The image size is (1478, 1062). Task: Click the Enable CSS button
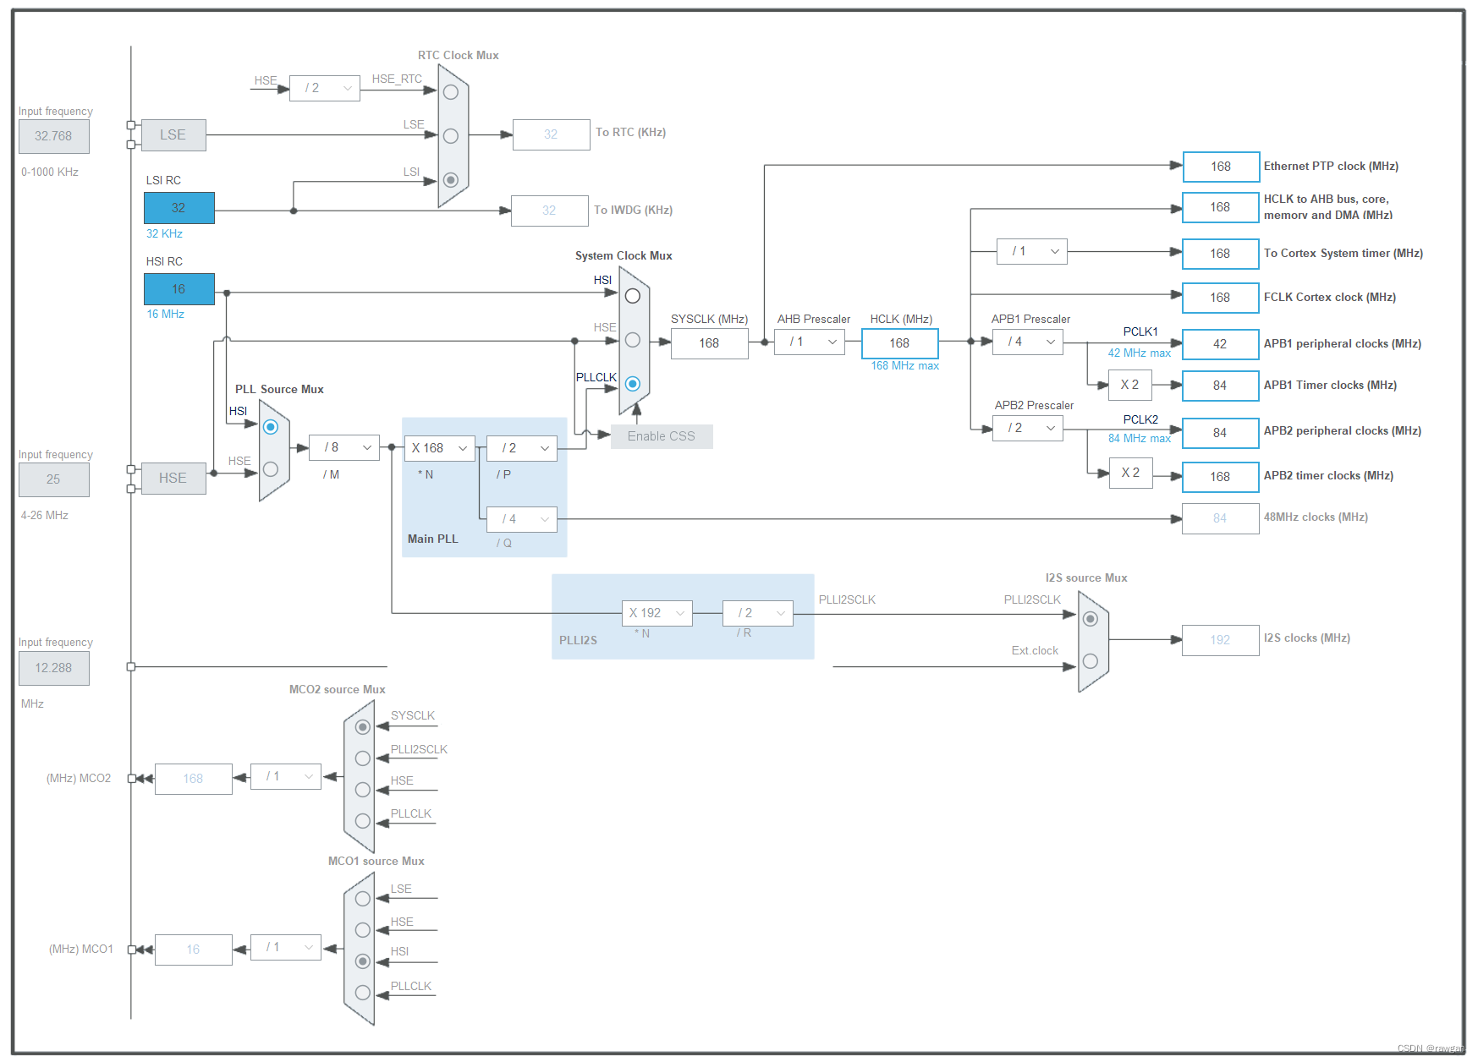click(662, 436)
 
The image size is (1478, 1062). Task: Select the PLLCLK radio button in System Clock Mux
click(633, 384)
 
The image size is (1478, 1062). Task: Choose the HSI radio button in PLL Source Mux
click(271, 427)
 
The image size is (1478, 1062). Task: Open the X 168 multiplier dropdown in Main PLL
click(440, 448)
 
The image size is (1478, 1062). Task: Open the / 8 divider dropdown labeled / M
click(344, 447)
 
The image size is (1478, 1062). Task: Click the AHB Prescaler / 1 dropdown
click(810, 342)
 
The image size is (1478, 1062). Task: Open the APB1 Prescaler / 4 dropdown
click(1028, 342)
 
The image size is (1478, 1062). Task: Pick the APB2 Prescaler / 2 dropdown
click(1028, 428)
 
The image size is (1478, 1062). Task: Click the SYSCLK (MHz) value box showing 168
click(710, 343)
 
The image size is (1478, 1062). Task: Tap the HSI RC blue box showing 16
click(179, 289)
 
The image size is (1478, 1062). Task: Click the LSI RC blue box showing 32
click(179, 208)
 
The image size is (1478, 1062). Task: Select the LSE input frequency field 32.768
click(54, 136)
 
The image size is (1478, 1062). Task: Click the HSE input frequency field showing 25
click(54, 479)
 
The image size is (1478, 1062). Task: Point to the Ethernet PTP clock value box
click(1221, 167)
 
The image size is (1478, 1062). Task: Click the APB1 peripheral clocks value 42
click(1221, 344)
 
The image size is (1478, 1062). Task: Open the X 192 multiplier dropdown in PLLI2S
click(657, 613)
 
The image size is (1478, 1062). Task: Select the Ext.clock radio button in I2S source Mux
click(1091, 661)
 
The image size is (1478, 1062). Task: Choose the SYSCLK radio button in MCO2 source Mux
click(363, 727)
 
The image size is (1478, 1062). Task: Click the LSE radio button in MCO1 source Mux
click(363, 899)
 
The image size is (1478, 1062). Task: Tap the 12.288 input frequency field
click(54, 668)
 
